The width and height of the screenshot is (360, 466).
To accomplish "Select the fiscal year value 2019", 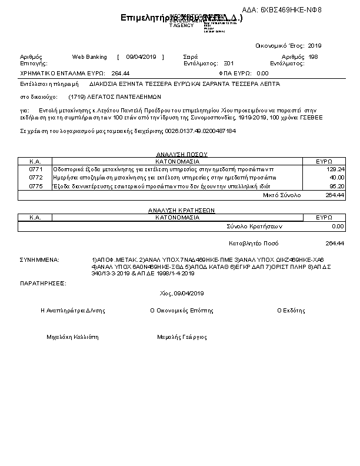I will pyautogui.click(x=315, y=45).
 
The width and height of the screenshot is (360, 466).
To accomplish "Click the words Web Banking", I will pyautogui.click(x=89, y=57).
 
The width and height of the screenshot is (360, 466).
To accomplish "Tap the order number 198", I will pyautogui.click(x=313, y=57).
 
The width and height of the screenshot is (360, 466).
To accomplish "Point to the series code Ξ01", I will pyautogui.click(x=229, y=62).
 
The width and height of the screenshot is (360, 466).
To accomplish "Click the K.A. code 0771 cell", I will pyautogui.click(x=36, y=169).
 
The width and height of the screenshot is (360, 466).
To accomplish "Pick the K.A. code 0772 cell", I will pyautogui.click(x=36, y=177).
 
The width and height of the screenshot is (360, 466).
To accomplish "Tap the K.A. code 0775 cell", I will pyautogui.click(x=36, y=186).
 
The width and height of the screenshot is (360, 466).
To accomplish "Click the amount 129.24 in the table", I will pyautogui.click(x=336, y=169).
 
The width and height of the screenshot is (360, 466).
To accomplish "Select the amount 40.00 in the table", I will pyautogui.click(x=337, y=177).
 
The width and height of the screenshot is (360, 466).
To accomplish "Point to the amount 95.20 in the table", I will pyautogui.click(x=337, y=186).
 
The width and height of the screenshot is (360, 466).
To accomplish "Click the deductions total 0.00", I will pyautogui.click(x=338, y=226).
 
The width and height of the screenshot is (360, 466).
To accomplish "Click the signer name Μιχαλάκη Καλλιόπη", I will pyautogui.click(x=72, y=337).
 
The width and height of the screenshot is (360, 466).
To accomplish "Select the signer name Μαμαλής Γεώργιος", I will pyautogui.click(x=182, y=337).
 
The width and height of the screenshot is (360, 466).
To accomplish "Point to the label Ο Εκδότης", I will pyautogui.click(x=291, y=310).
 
